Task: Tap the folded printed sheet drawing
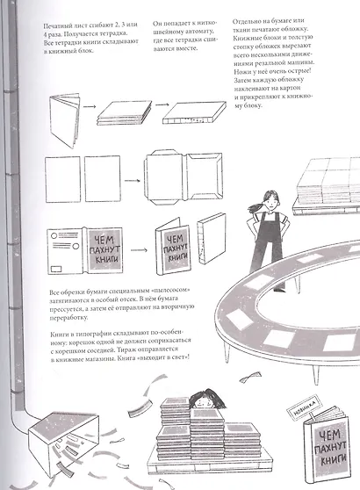click(x=64, y=120)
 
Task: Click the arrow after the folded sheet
click(x=90, y=106)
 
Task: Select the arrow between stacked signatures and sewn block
click(x=162, y=104)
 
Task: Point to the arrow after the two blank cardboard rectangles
click(x=133, y=180)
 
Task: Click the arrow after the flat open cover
click(x=139, y=250)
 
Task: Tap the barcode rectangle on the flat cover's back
click(x=56, y=268)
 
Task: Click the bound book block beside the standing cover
click(x=212, y=239)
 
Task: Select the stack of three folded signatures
click(x=125, y=112)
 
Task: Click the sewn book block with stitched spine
click(x=194, y=112)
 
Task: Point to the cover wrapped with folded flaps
click(x=184, y=178)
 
